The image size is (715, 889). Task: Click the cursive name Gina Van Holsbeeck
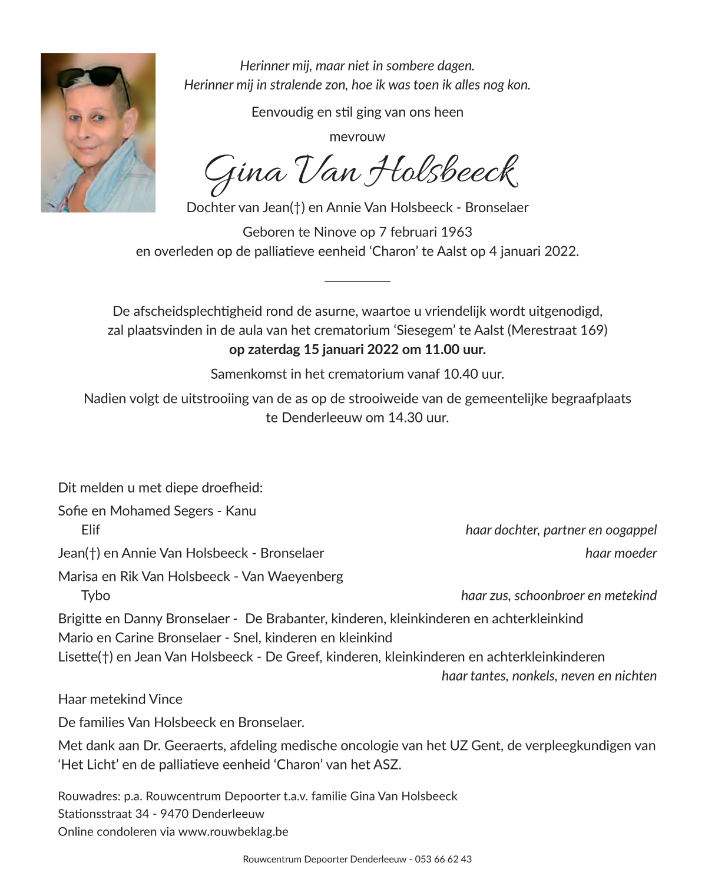tap(360, 172)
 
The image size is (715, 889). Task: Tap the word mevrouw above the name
tap(357, 137)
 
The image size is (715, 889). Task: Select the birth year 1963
tap(457, 232)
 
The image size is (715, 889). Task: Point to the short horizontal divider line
tap(357, 280)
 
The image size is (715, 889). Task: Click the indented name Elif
tap(91, 530)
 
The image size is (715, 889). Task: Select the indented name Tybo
tap(95, 596)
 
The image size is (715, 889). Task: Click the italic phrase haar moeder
tap(621, 553)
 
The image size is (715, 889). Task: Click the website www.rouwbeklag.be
tap(233, 832)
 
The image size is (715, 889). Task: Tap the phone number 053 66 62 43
tap(443, 860)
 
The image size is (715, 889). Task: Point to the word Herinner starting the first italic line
tap(264, 66)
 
